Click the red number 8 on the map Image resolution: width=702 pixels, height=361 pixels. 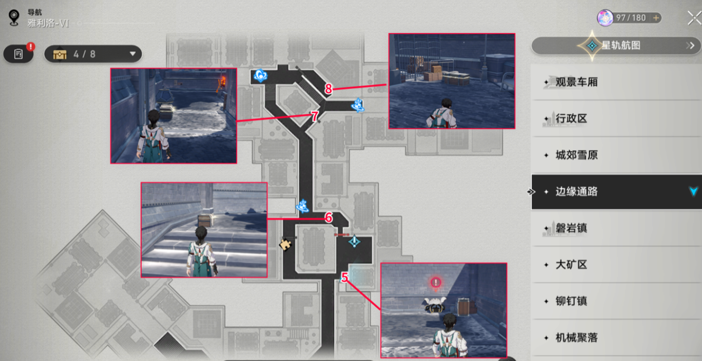click(x=328, y=89)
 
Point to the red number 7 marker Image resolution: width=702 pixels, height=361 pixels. click(x=314, y=117)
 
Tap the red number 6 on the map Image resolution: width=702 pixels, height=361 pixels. click(x=329, y=218)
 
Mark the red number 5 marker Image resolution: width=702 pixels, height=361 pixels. click(x=345, y=277)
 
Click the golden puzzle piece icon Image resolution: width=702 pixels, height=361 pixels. click(x=285, y=244)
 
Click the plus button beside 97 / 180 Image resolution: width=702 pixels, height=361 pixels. click(x=656, y=18)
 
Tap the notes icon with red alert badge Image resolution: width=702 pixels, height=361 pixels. click(x=19, y=54)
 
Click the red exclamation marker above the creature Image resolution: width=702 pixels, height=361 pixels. click(x=436, y=282)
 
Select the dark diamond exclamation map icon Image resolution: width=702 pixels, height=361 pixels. click(x=354, y=241)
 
